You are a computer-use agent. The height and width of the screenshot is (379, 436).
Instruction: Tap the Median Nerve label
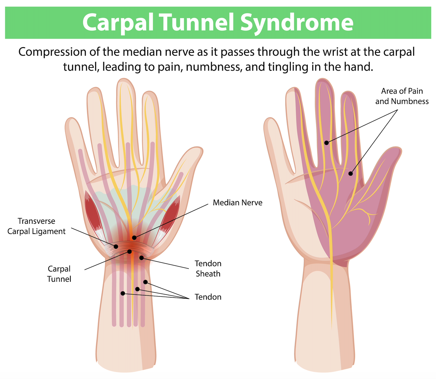tap(237, 203)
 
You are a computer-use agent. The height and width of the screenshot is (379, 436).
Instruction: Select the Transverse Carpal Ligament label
tap(36, 226)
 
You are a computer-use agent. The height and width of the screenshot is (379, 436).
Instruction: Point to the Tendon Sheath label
tap(208, 269)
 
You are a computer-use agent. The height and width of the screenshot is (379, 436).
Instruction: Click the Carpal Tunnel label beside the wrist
tap(59, 274)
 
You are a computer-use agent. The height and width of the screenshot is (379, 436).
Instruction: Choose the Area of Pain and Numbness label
tap(402, 96)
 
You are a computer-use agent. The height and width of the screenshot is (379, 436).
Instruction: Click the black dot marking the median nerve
tap(134, 238)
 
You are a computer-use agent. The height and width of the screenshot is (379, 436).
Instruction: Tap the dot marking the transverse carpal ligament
tap(116, 247)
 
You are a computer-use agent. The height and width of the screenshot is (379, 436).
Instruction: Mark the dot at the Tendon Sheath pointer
tap(141, 258)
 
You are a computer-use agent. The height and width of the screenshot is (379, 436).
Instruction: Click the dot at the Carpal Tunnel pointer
tap(129, 251)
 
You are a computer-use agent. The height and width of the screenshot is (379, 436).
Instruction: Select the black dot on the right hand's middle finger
tap(326, 143)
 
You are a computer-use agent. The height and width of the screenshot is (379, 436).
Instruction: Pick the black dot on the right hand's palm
tap(350, 174)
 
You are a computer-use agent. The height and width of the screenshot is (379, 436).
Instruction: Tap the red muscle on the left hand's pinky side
tap(93, 216)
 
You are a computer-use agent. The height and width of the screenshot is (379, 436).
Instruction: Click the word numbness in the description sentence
tap(214, 67)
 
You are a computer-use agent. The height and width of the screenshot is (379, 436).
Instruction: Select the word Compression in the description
tap(52, 52)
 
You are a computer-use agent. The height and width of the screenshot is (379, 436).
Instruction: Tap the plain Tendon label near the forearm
tap(208, 297)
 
